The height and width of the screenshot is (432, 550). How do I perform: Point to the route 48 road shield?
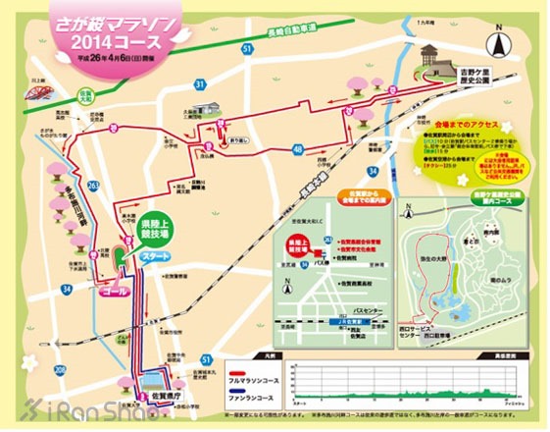click(295, 148)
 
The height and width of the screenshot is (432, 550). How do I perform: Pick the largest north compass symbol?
click(501, 43)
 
